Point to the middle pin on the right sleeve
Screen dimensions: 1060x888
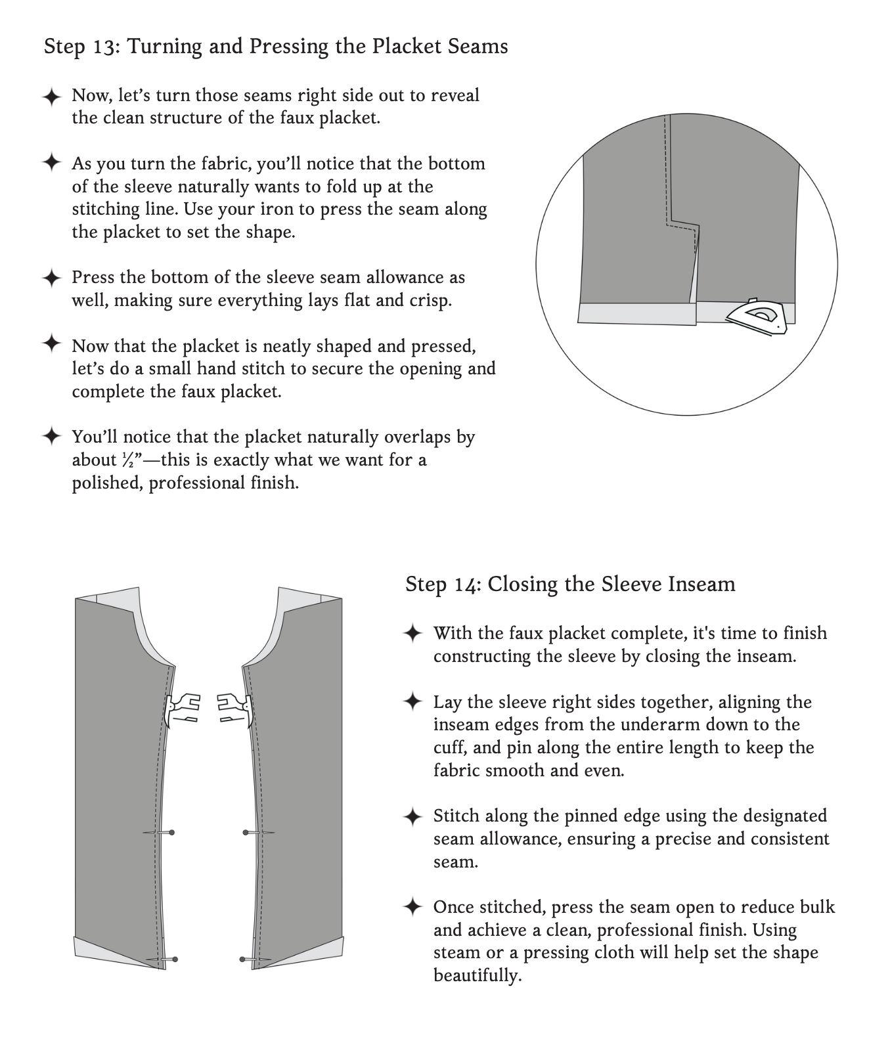pos(257,833)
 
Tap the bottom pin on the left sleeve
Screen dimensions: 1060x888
pos(162,960)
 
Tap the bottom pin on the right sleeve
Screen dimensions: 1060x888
pos(255,960)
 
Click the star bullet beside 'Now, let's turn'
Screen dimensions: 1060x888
pos(51,96)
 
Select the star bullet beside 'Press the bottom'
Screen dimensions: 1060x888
pos(51,278)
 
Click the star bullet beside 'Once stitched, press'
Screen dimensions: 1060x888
pos(412,908)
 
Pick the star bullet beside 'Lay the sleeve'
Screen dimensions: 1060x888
pos(412,702)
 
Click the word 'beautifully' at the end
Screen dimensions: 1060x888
pos(476,975)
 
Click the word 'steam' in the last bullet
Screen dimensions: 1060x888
pos(456,953)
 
